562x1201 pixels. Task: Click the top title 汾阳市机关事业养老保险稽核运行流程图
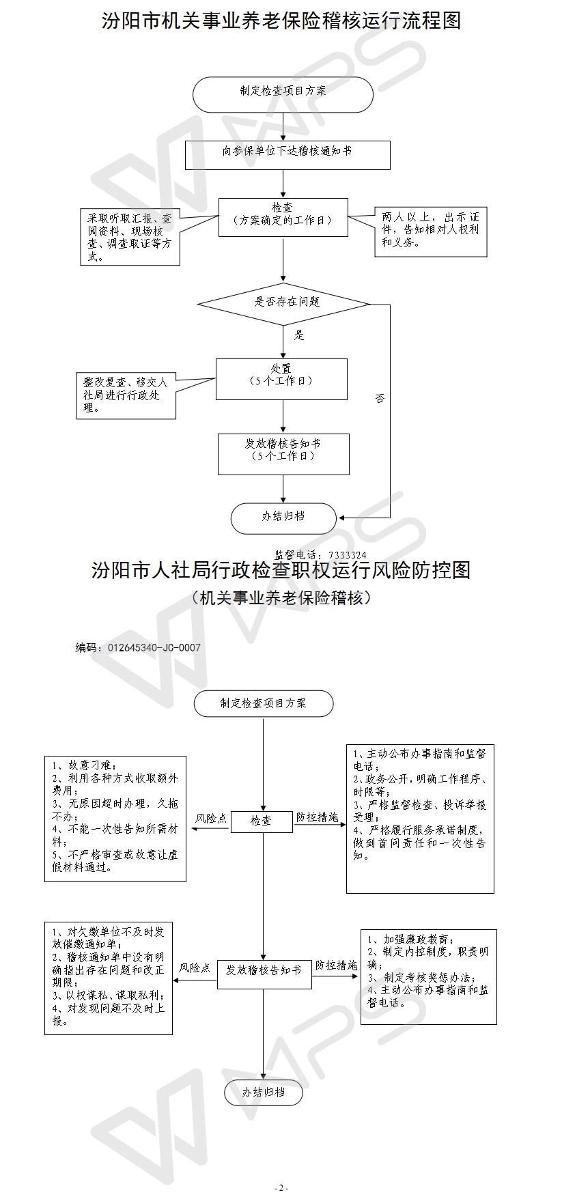[x=281, y=20]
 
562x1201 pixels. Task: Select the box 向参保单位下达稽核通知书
[x=287, y=155]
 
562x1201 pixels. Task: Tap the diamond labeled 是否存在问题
[x=284, y=302]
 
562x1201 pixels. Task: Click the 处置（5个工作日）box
[x=281, y=379]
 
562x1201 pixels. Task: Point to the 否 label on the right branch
[x=379, y=398]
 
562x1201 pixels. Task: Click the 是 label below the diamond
[x=298, y=335]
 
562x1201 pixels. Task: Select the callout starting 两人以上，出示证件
[x=430, y=233]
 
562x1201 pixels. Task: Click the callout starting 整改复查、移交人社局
[x=125, y=395]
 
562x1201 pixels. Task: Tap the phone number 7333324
[x=347, y=555]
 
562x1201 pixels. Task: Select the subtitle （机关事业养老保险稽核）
[x=281, y=598]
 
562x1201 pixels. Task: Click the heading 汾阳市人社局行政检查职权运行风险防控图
[x=281, y=570]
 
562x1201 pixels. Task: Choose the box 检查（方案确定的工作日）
[x=283, y=218]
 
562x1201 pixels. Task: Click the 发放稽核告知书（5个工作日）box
[x=283, y=454]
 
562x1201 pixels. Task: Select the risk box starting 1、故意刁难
[x=115, y=818]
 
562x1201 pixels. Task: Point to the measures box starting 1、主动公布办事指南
[x=420, y=818]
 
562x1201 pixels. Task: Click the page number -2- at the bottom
[x=281, y=1188]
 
